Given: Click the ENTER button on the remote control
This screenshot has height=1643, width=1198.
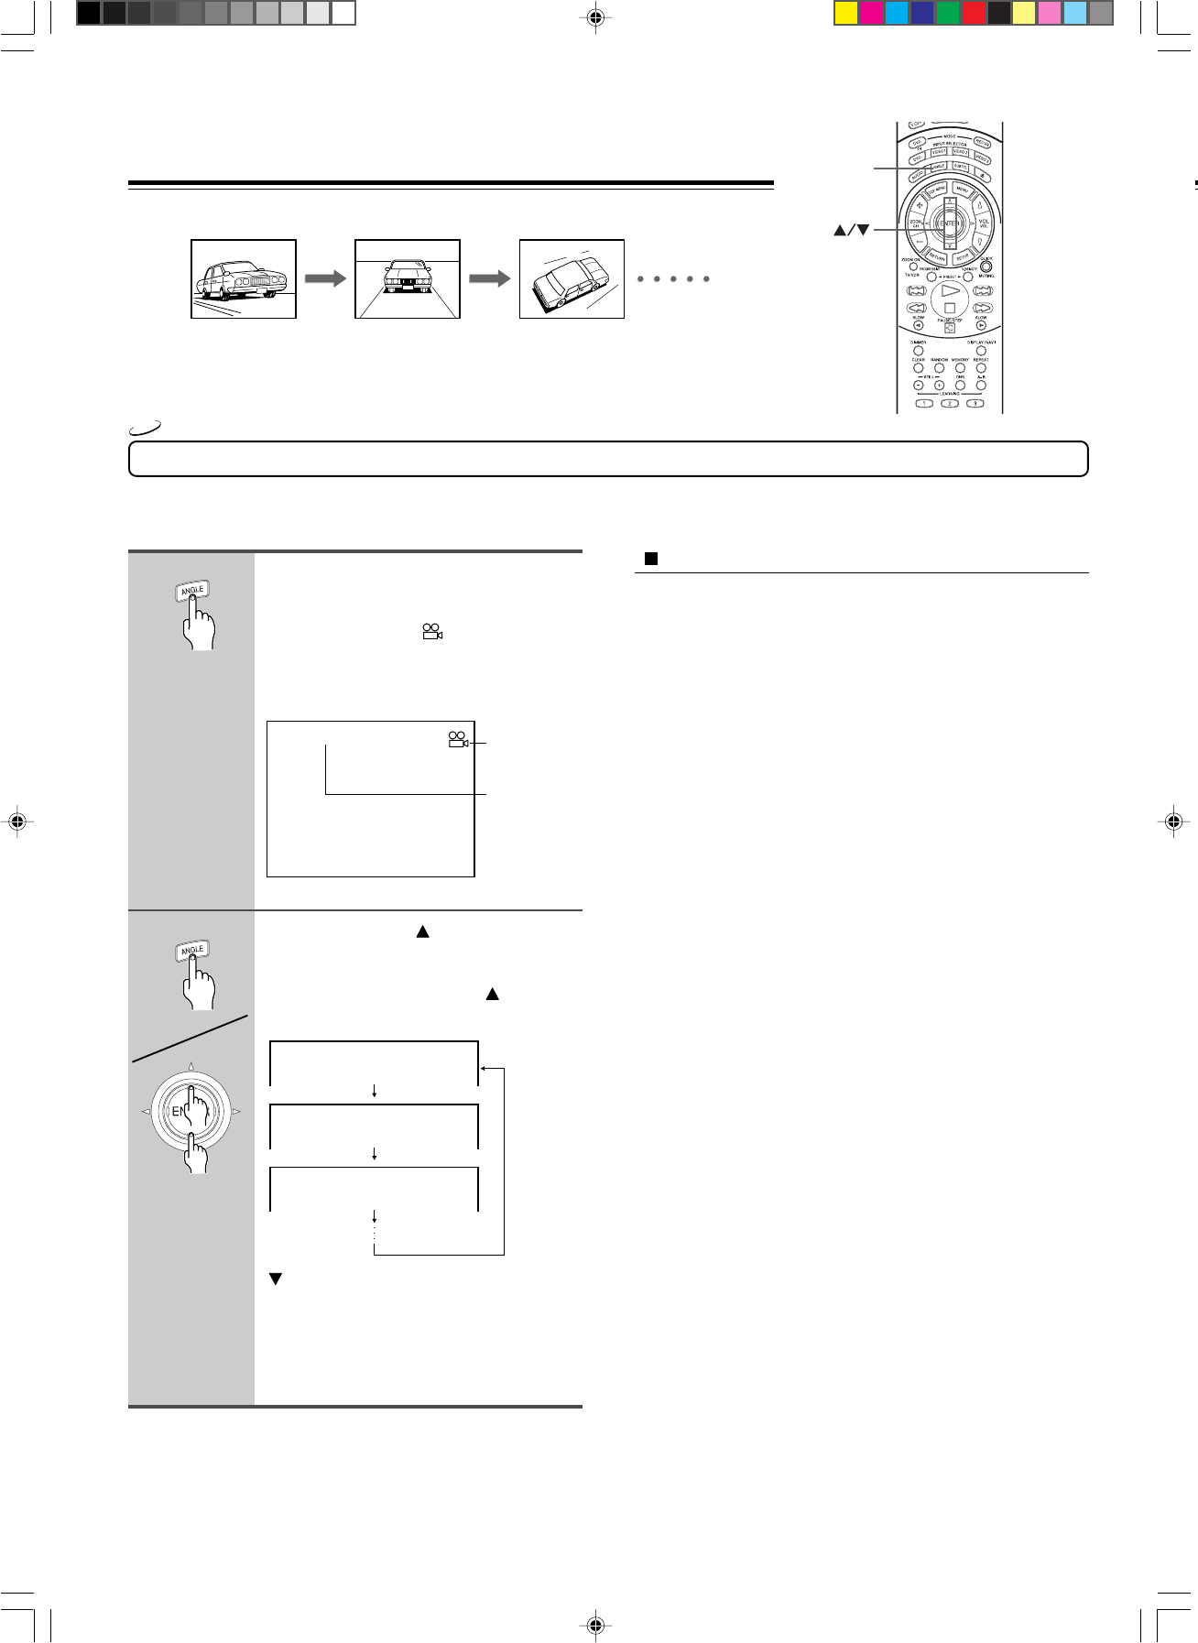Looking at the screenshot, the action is coord(950,223).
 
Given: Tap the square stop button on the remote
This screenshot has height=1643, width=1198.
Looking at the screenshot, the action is coord(950,309).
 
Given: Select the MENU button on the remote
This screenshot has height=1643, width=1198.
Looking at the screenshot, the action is coord(962,189).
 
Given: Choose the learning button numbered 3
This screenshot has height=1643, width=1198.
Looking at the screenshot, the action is coord(975,403).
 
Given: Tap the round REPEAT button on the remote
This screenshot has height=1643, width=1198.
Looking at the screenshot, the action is coord(981,368).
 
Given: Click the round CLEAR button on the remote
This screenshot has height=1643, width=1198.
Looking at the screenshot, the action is coord(919,368).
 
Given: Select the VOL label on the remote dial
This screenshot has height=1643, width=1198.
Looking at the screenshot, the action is coord(985,223).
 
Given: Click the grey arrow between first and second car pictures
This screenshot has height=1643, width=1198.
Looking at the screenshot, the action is coord(325,278).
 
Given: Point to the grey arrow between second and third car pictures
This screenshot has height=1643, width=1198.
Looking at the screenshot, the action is coord(489,278).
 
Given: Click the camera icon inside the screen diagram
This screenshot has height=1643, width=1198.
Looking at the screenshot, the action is coord(458,739).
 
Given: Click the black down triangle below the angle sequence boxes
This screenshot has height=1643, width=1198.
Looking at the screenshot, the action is coord(274,1278).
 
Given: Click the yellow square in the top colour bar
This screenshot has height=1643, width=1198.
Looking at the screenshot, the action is coord(845,13).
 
